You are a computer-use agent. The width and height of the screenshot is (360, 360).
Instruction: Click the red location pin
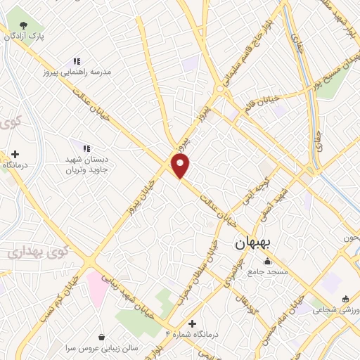pyautogui.click(x=181, y=166)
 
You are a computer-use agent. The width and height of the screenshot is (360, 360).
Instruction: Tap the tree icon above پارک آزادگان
pyautogui.click(x=24, y=24)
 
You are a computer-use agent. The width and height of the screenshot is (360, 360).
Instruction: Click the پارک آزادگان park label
pyautogui.click(x=31, y=35)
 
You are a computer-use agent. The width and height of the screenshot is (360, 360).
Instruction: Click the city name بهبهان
pyautogui.click(x=256, y=245)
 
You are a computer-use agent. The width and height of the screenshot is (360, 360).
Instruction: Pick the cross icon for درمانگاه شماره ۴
pyautogui.click(x=192, y=323)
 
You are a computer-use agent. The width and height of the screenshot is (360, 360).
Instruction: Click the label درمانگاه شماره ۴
pyautogui.click(x=191, y=335)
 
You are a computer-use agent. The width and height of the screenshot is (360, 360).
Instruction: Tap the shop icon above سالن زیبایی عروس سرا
pyautogui.click(x=103, y=337)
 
